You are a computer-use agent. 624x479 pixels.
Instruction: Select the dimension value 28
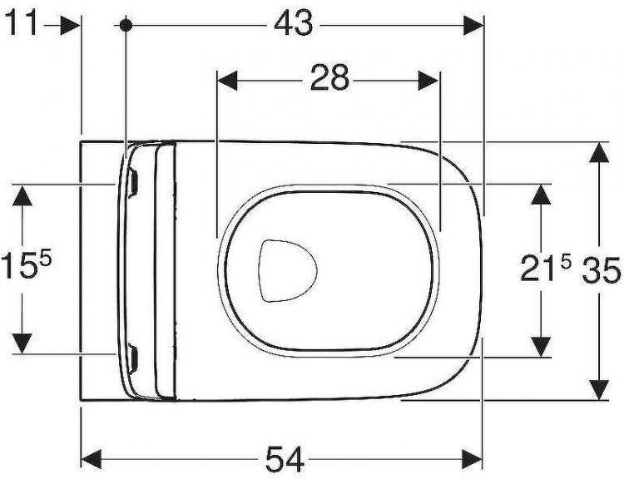[329, 80]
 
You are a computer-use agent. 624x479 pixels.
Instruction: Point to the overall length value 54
[284, 458]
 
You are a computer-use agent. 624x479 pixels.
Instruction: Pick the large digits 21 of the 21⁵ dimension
[538, 269]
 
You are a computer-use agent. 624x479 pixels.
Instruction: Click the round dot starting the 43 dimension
[126, 25]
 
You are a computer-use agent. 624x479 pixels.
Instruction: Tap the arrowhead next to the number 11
[70, 25]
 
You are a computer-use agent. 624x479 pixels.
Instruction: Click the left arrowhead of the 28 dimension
[227, 80]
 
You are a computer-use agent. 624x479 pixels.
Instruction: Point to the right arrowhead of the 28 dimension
[428, 80]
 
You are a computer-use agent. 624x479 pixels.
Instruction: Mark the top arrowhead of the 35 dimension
[597, 153]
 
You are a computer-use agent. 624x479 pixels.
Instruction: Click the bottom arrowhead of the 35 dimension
[597, 388]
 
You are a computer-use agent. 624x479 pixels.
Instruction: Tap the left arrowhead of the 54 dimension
[92, 458]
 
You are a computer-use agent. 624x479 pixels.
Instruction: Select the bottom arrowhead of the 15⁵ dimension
[23, 342]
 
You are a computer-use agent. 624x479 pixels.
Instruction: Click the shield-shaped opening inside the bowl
[287, 270]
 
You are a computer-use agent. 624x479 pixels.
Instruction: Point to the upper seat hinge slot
[133, 179]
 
